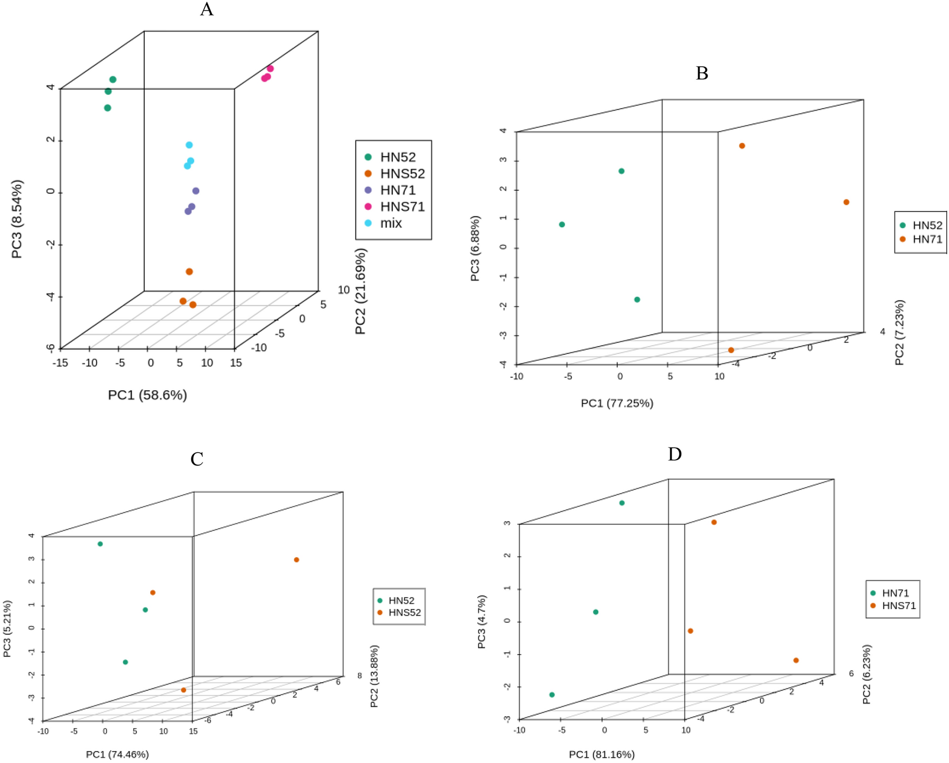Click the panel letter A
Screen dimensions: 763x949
point(207,9)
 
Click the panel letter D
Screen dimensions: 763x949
point(674,454)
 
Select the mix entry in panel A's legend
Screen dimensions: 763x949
point(391,223)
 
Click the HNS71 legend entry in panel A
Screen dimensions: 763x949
point(402,206)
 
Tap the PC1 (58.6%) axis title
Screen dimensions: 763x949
point(148,395)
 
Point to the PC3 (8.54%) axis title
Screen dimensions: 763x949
point(17,219)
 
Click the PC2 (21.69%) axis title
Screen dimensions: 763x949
point(361,291)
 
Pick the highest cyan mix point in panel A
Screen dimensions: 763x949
point(189,145)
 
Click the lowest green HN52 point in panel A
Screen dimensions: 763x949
point(107,108)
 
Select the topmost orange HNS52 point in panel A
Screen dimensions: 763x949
point(189,272)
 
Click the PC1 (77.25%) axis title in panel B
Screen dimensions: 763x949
point(617,403)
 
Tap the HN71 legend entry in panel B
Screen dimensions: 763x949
point(927,239)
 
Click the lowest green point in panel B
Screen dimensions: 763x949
point(637,300)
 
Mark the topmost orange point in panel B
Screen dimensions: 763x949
point(742,146)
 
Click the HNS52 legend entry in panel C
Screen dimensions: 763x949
point(404,613)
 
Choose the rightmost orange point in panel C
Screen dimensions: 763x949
point(296,560)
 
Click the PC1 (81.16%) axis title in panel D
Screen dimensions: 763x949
point(601,754)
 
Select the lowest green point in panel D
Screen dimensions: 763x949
point(552,694)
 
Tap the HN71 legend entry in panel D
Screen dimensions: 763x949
point(895,593)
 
